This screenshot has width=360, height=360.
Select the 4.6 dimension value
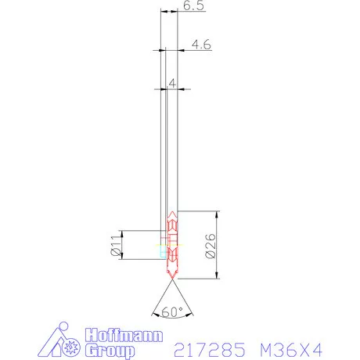click(x=202, y=45)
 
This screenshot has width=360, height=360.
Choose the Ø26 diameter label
click(x=210, y=244)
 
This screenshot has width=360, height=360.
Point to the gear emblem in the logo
click(x=75, y=344)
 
